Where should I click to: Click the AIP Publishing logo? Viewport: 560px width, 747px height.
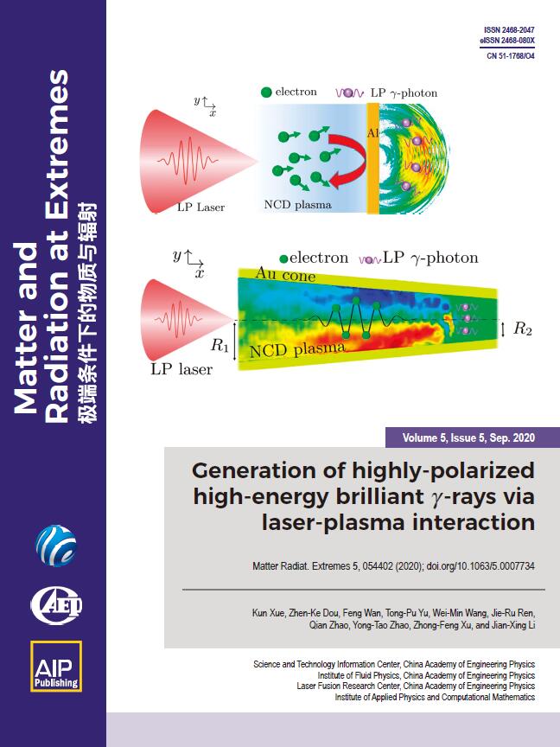[56, 666]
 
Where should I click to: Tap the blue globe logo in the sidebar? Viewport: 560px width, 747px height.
[56, 546]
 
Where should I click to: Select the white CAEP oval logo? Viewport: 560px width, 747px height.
[56, 605]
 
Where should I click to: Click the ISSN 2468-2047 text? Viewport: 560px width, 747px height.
[509, 30]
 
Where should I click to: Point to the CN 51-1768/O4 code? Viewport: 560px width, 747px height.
[511, 55]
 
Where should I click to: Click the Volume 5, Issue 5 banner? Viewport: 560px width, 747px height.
[468, 437]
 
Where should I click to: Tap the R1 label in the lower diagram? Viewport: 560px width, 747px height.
[220, 345]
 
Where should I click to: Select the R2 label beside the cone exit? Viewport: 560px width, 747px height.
[522, 329]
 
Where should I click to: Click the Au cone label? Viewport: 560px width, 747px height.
[285, 275]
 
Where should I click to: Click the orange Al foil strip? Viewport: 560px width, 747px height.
[372, 158]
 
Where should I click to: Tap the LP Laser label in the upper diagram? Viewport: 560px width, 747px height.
[200, 207]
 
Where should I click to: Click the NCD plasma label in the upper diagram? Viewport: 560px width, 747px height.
[297, 205]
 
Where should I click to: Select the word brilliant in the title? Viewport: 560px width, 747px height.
[380, 496]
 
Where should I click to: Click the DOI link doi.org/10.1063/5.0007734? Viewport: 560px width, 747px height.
[480, 566]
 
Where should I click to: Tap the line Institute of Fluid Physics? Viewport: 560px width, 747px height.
[426, 675]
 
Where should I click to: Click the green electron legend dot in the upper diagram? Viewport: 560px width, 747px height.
[266, 93]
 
